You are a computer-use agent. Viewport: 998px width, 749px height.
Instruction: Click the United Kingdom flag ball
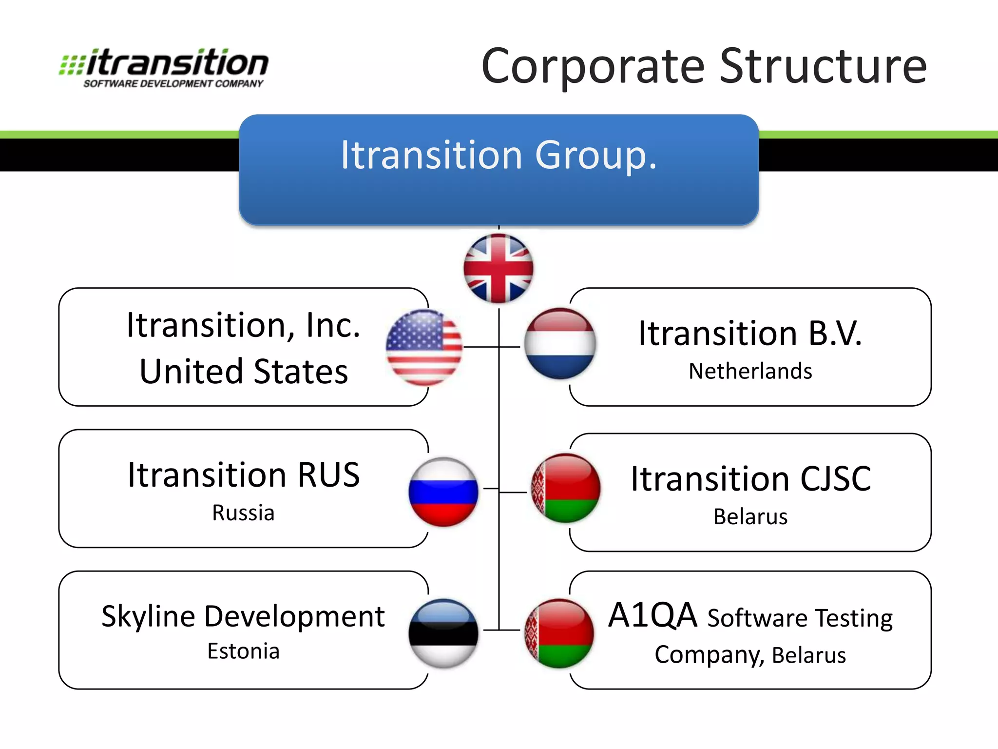pyautogui.click(x=499, y=268)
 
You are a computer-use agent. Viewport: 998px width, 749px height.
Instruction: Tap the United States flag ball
pyautogui.click(x=424, y=347)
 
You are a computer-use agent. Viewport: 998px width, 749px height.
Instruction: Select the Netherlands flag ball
pyautogui.click(x=560, y=344)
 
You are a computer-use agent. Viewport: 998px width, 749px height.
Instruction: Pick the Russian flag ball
pyautogui.click(x=443, y=492)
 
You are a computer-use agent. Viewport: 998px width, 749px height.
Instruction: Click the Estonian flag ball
pyautogui.click(x=443, y=633)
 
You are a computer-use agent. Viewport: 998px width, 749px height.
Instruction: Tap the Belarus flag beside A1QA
pyautogui.click(x=559, y=633)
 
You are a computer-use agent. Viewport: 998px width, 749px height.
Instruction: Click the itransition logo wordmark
pyautogui.click(x=178, y=63)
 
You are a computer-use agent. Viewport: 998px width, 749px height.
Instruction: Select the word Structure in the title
pyautogui.click(x=823, y=66)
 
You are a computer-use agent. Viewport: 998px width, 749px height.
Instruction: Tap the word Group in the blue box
pyautogui.click(x=595, y=156)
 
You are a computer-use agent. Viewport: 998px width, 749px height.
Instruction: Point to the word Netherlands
pyautogui.click(x=750, y=371)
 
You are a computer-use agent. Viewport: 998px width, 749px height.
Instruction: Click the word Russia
pyautogui.click(x=243, y=513)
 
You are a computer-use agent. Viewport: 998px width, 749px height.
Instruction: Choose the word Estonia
pyautogui.click(x=243, y=651)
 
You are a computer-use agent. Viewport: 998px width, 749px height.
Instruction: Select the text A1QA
pyautogui.click(x=653, y=615)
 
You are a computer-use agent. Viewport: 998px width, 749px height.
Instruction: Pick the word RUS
pyautogui.click(x=328, y=475)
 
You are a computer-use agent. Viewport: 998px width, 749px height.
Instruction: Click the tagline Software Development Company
pyautogui.click(x=173, y=84)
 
